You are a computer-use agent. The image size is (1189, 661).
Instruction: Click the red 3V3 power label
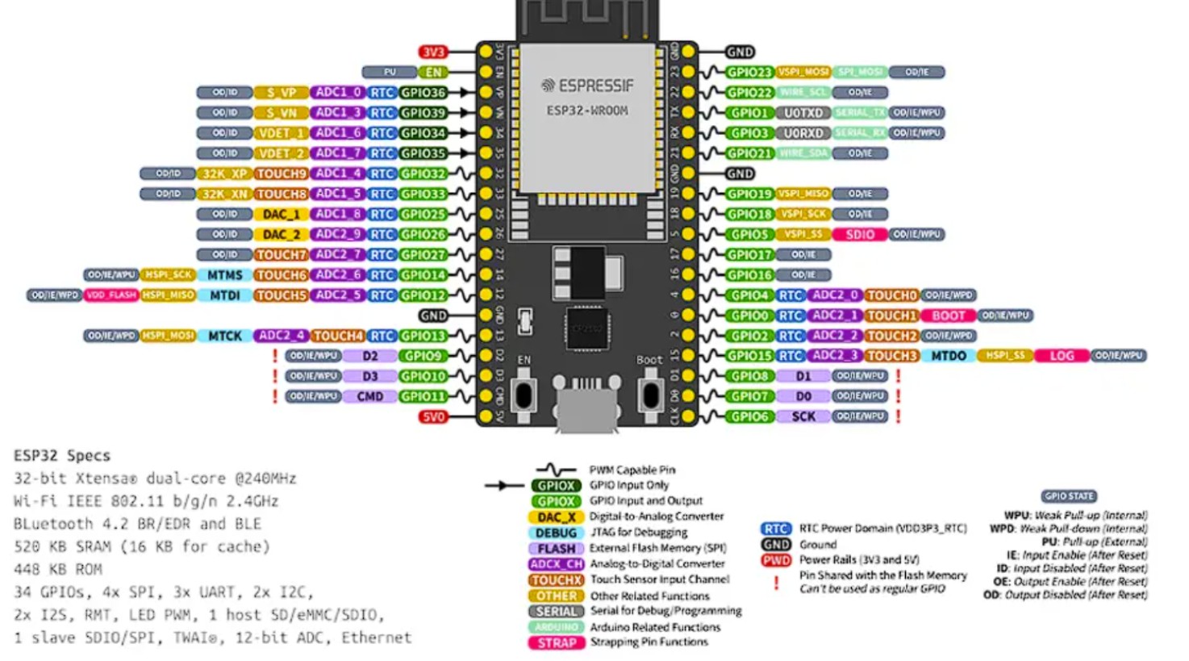[432, 52]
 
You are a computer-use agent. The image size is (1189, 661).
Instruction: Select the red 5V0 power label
[432, 416]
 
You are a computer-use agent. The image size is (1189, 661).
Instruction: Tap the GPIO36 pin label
[423, 93]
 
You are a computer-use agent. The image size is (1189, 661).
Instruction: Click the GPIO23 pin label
[749, 72]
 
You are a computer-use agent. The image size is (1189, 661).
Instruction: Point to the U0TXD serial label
[803, 113]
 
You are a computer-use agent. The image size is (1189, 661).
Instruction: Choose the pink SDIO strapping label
[859, 234]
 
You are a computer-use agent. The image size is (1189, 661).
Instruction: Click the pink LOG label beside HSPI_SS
[1061, 356]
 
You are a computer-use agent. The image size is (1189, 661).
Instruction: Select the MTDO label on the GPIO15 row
[948, 356]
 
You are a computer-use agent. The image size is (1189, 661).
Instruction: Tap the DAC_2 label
[281, 234]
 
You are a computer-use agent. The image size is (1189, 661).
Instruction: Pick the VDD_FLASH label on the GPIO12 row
[111, 295]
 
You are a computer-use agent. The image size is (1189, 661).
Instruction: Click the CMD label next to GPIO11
[369, 396]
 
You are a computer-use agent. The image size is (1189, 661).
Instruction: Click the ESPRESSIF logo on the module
[587, 86]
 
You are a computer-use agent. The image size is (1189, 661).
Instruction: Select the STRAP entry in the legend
[556, 642]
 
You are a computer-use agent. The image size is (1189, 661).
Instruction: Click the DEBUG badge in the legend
[556, 533]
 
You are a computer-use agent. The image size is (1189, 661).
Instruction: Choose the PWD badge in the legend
[776, 560]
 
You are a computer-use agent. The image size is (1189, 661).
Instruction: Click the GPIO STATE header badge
[1068, 496]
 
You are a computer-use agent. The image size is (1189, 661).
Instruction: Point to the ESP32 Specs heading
[62, 455]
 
